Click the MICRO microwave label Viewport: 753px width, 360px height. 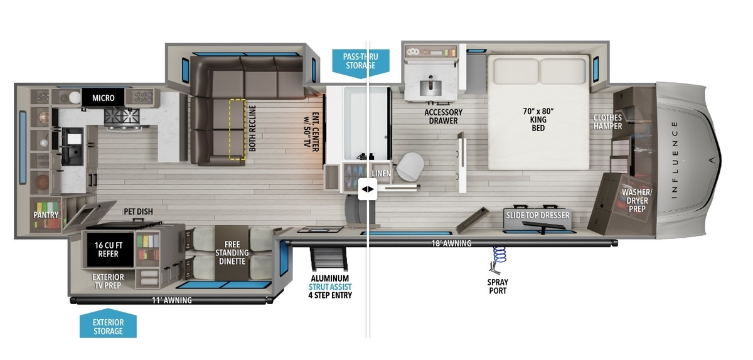coord(103,98)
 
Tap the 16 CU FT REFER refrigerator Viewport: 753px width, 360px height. coord(108,250)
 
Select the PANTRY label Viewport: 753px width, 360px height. coord(46,214)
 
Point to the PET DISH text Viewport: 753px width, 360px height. coord(138,211)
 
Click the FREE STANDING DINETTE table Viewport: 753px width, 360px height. coord(232,253)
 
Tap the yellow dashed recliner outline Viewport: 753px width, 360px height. coord(237,129)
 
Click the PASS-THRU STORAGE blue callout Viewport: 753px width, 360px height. coord(361,63)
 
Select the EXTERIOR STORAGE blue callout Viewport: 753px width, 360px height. coord(108,324)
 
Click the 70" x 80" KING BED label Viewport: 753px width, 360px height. coord(538,119)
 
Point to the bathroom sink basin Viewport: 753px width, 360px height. coord(430,87)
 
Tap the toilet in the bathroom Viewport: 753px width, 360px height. coord(410,166)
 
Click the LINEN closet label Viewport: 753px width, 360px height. coord(382,174)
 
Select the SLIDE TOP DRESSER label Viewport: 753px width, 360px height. coord(538,215)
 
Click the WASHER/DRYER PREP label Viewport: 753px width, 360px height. coord(637,200)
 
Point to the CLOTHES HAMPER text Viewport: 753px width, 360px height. coord(607,122)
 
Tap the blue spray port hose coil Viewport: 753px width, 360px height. coord(499,255)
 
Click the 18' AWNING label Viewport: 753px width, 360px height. coord(451,243)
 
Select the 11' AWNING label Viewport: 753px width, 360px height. coord(171,300)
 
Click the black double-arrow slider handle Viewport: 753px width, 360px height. coord(368,189)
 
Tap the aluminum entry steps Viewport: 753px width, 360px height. coord(329,259)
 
